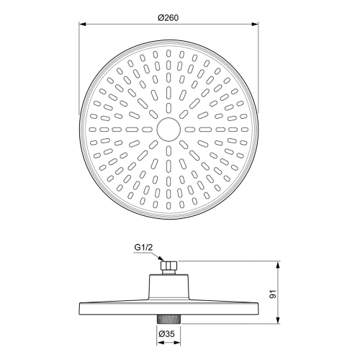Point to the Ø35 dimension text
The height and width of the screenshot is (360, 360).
167,333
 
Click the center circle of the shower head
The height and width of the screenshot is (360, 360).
167,130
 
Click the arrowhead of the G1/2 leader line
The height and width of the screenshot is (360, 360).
165,261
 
